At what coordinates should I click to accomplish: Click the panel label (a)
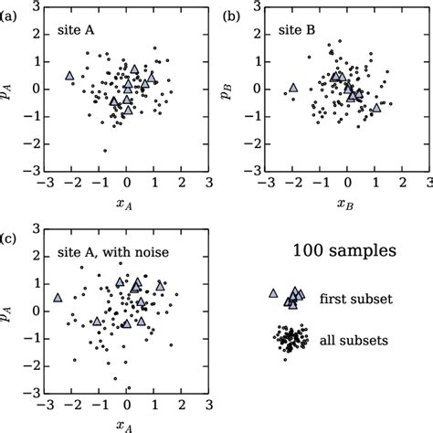[11, 15]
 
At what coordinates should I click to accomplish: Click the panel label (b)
[233, 15]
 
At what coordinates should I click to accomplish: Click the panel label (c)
[11, 238]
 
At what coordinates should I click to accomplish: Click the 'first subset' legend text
[351, 299]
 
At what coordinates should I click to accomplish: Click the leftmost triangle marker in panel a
[69, 76]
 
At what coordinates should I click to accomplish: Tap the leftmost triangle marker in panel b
[293, 88]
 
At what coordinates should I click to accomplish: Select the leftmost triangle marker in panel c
[58, 297]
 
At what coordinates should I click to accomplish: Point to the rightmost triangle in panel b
[375, 107]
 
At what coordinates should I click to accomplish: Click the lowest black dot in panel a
[105, 150]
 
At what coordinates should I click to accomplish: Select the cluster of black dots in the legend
[291, 341]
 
